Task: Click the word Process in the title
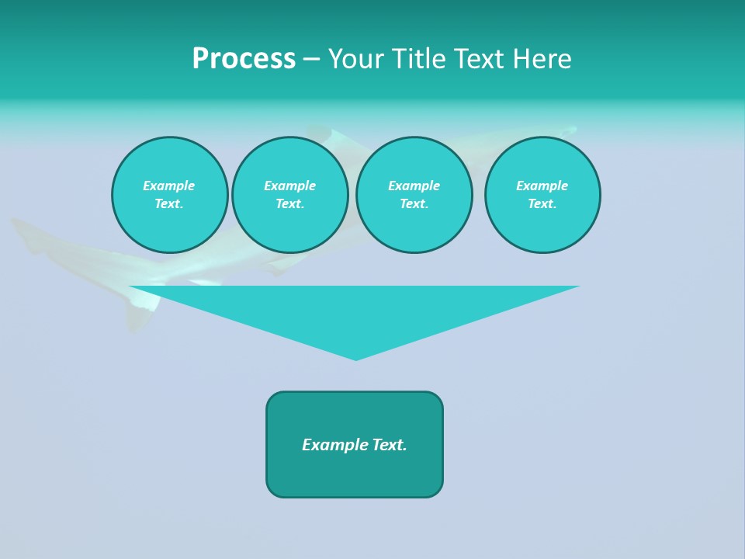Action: pos(244,58)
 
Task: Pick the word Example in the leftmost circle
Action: pos(168,186)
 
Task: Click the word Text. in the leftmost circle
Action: pos(168,203)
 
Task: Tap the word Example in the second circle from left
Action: pos(289,186)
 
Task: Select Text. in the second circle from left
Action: pos(289,203)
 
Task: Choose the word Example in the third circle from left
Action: pos(414,186)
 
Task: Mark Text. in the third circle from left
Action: pos(414,203)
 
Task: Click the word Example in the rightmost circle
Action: pos(542,186)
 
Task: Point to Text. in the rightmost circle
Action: pos(542,203)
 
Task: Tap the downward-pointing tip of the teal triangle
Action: pos(355,359)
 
